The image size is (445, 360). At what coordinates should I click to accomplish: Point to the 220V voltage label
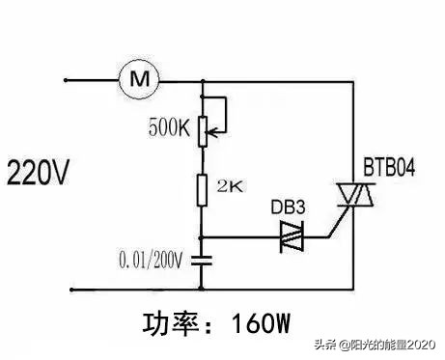pyautogui.click(x=39, y=176)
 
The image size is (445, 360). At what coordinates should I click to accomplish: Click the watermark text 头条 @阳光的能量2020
pyautogui.click(x=380, y=346)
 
